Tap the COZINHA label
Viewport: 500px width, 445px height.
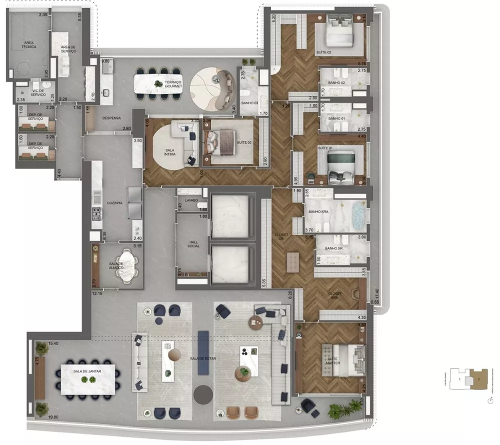(x=114, y=203)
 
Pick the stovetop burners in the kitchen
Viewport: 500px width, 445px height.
(x=96, y=213)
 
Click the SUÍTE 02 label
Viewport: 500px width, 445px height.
(x=324, y=52)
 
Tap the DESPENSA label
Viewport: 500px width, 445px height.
(x=111, y=118)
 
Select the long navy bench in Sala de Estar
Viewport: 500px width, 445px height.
(x=203, y=352)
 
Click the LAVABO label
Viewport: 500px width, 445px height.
(x=191, y=199)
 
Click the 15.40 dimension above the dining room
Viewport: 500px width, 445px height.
(x=53, y=343)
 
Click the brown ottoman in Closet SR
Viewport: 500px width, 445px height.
(x=292, y=262)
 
